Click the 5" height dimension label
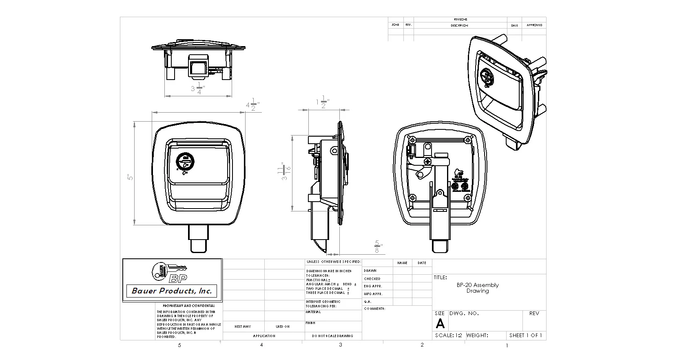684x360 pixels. (x=129, y=177)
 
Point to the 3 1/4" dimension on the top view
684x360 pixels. (x=197, y=88)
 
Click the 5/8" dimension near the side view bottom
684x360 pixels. (x=377, y=247)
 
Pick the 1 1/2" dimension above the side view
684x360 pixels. (x=323, y=102)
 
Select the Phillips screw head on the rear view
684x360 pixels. (x=428, y=162)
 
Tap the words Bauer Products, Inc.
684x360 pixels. (x=172, y=291)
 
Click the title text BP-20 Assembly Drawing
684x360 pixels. (x=478, y=288)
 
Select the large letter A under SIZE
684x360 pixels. (x=440, y=324)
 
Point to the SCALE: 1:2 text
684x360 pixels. (x=448, y=336)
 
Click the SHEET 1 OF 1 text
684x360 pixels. (x=525, y=336)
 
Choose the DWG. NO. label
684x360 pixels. (x=464, y=313)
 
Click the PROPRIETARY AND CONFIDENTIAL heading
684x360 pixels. (x=188, y=306)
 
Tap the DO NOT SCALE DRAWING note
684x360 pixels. (x=333, y=336)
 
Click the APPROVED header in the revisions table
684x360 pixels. (x=534, y=25)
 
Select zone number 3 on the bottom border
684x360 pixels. (x=340, y=345)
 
